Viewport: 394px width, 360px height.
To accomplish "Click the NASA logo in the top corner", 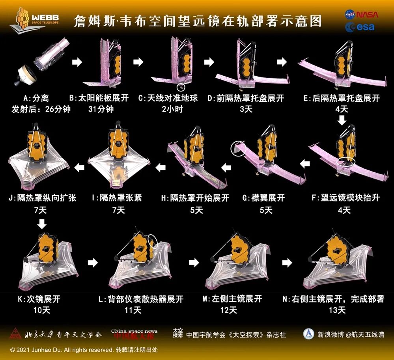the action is point(361,14).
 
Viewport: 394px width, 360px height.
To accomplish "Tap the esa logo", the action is point(360,27).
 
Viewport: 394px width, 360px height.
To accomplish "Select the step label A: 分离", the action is point(36,98).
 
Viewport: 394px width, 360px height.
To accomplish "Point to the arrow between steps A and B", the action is point(77,62).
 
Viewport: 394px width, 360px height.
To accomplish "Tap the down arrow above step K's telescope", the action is point(42,224).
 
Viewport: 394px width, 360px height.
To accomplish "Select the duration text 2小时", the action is point(172,109).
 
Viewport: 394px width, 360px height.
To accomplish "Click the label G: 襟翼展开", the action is point(264,198).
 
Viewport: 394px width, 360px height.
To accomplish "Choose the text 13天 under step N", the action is point(337,310).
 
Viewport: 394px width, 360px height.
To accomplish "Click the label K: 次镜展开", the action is point(39,299).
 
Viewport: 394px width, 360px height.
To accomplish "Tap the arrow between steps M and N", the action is point(287,263).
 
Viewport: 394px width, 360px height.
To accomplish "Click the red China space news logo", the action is point(134,334).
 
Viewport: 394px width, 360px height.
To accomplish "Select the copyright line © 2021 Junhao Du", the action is point(84,350).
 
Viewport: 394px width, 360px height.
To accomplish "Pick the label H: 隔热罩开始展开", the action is point(195,198).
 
